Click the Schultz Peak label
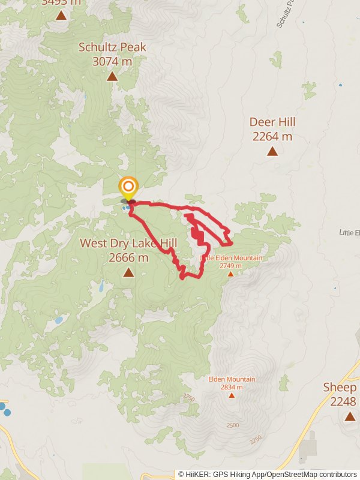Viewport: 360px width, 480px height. [112, 47]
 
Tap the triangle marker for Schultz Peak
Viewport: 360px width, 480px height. [112, 76]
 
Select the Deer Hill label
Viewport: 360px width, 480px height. [272, 122]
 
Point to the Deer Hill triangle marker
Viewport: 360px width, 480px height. [272, 151]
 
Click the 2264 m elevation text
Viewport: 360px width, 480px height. [272, 137]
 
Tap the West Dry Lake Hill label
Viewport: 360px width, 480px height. [129, 244]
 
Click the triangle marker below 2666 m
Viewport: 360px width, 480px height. [128, 273]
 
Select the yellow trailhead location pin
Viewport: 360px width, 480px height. [128, 187]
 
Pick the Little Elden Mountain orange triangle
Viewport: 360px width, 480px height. [230, 274]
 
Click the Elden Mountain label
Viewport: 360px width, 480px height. [232, 379]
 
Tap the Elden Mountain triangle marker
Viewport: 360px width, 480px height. [232, 395]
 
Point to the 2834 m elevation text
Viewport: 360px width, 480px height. [232, 387]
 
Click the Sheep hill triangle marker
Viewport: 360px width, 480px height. [350, 416]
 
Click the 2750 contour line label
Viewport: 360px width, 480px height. [190, 398]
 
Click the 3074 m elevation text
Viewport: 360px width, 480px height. [112, 61]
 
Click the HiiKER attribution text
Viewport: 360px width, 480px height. [267, 474]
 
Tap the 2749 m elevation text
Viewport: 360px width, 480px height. [230, 266]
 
